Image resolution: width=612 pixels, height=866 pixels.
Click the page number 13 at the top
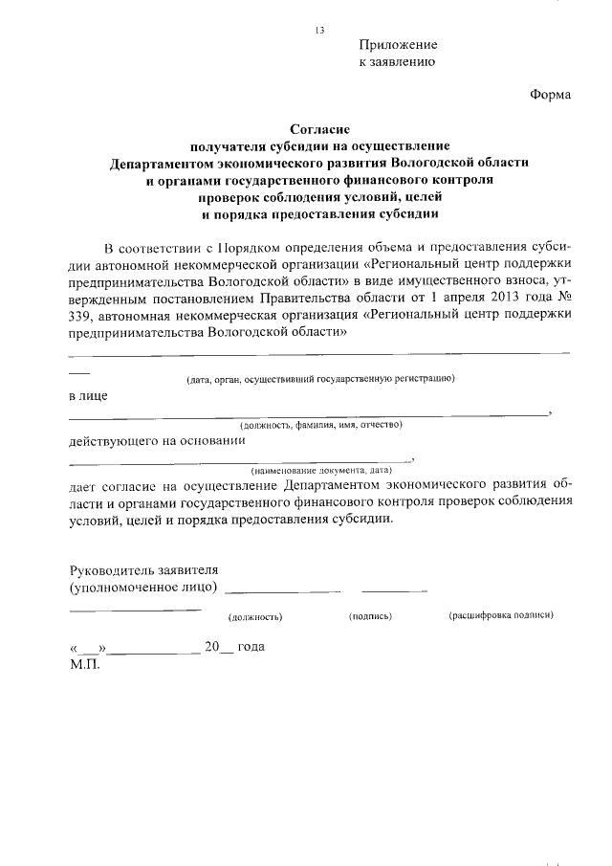[319, 31]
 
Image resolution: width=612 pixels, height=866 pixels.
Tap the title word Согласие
[320, 128]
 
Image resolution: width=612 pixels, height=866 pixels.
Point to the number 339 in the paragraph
[81, 316]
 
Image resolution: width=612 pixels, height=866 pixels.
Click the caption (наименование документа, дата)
[322, 471]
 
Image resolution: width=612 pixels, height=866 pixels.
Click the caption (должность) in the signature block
[255, 617]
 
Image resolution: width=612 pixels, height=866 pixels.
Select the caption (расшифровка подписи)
[501, 616]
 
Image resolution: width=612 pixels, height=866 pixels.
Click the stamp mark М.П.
[84, 663]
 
